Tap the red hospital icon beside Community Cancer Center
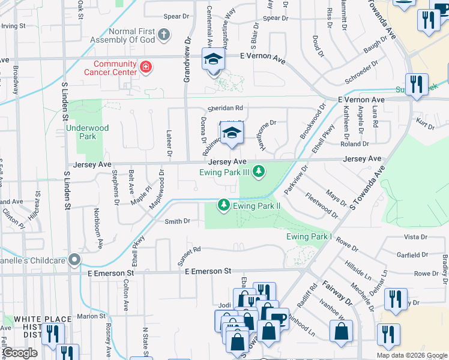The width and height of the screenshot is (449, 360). point(145,67)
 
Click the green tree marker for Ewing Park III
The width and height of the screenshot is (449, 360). point(259,173)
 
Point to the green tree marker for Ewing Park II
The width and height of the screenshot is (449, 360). point(224,206)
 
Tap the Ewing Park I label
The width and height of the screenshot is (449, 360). point(309,236)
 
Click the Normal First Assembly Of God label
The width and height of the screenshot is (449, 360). point(131,35)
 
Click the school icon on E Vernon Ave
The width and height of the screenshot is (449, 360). point(213,60)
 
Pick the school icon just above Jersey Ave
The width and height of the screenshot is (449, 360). point(231,134)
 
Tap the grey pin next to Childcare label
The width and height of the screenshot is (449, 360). point(74,260)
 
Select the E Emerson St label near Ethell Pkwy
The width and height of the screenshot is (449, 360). point(208,272)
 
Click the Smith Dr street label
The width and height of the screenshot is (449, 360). point(177,221)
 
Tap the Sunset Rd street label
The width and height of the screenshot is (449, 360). point(188,256)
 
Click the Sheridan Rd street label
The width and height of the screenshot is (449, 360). point(225,108)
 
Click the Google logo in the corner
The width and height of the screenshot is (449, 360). point(20,353)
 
